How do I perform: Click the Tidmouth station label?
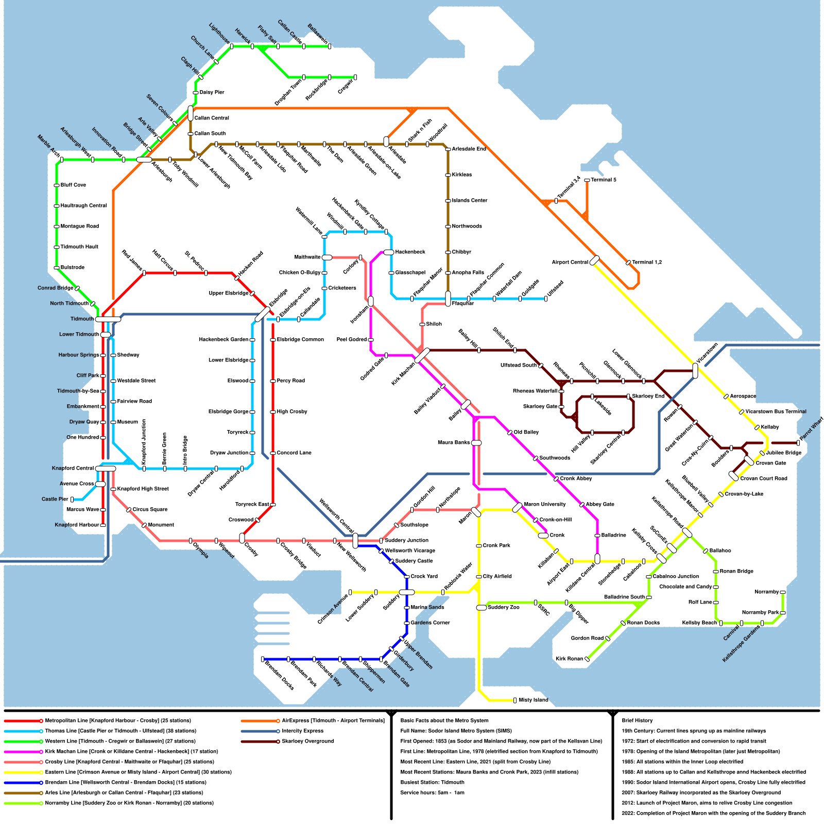tap(82, 319)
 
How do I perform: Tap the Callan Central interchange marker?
tap(191, 113)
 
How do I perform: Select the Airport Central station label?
tap(570, 262)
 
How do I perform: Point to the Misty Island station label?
tap(534, 700)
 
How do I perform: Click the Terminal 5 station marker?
tap(587, 180)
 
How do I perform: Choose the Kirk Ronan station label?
tap(569, 659)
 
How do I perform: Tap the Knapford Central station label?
tap(73, 468)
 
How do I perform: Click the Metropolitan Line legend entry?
tap(117, 720)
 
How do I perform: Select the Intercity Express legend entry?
tap(302, 731)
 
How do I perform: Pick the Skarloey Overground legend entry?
tap(307, 741)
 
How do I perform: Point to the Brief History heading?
tap(637, 720)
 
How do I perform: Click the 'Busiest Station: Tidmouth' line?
tap(432, 782)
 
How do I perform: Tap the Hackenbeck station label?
tap(410, 252)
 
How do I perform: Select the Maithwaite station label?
tap(307, 257)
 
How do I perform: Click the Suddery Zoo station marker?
tap(482, 608)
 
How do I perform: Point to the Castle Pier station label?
tap(55, 499)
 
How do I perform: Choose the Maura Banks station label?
tap(454, 442)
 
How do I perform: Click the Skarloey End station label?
tap(648, 396)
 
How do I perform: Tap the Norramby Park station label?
tap(761, 612)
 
